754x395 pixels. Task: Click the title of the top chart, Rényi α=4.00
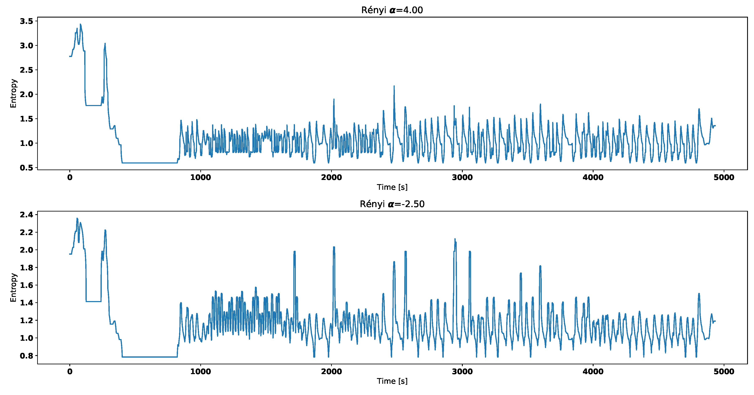point(392,10)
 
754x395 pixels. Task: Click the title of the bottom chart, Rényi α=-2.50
point(392,204)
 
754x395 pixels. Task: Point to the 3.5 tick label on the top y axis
point(26,21)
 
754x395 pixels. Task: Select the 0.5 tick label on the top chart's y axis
point(26,168)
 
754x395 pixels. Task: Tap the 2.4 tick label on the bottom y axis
point(26,215)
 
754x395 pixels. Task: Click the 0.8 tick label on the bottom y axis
point(26,356)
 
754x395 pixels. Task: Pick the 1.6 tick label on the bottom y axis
point(26,285)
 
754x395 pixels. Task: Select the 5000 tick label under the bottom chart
point(723,372)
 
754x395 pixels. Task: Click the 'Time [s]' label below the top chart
point(392,187)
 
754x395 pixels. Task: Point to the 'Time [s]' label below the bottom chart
point(392,381)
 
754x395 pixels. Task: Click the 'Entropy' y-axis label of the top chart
point(13,93)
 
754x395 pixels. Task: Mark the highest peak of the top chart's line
point(80,25)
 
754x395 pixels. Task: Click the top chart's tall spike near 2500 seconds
point(394,86)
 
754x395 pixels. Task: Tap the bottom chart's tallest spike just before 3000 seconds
point(455,239)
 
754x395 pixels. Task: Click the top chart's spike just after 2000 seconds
point(334,100)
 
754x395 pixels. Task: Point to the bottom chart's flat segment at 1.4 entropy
point(93,301)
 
